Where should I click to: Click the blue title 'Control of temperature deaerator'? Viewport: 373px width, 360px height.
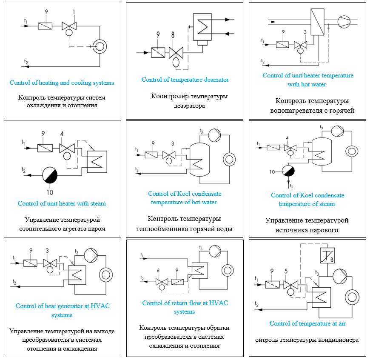185,80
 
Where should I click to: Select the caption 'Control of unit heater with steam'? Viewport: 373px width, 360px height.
62,203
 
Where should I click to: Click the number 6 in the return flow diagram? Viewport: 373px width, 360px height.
158,271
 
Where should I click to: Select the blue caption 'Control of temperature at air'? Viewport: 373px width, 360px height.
308,323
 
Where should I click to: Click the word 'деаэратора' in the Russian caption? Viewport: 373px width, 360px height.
189,106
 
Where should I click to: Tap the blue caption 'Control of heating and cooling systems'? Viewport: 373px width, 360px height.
62,83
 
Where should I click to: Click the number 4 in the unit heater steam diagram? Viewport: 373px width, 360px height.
62,134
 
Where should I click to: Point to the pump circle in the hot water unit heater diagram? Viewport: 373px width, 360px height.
343,20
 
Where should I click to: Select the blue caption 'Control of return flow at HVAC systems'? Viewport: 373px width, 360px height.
185,307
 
